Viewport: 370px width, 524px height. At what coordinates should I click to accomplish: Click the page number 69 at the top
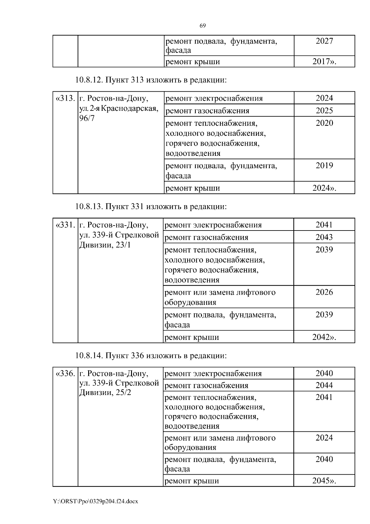(x=203, y=26)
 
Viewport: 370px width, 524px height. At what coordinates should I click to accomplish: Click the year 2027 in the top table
(x=324, y=41)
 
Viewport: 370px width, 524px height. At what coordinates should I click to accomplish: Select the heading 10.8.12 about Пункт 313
(x=151, y=80)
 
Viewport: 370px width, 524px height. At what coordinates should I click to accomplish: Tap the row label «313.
(x=65, y=98)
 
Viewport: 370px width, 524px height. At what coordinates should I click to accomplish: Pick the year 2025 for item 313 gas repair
(x=324, y=110)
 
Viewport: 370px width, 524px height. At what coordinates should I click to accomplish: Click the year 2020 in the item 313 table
(x=324, y=123)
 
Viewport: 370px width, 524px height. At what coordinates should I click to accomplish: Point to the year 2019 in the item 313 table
(x=324, y=166)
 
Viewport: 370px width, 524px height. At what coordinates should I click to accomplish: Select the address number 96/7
(x=87, y=118)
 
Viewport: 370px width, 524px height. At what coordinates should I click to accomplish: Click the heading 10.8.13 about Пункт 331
(x=151, y=206)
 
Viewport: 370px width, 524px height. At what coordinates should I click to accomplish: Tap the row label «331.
(x=65, y=225)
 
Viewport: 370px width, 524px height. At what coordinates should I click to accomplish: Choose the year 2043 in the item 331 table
(x=324, y=237)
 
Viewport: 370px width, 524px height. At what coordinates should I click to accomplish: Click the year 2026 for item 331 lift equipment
(x=324, y=292)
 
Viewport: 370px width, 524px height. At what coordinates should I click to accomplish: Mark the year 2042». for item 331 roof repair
(x=324, y=337)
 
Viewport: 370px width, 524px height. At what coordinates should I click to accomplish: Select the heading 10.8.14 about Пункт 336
(x=151, y=356)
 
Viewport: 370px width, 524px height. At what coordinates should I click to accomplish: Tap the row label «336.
(x=65, y=374)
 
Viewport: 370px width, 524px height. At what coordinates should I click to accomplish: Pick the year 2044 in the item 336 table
(x=324, y=385)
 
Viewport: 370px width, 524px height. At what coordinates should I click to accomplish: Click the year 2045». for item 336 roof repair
(x=324, y=481)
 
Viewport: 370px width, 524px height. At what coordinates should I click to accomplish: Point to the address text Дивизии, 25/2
(x=105, y=393)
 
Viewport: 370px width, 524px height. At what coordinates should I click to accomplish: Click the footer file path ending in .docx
(x=96, y=501)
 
